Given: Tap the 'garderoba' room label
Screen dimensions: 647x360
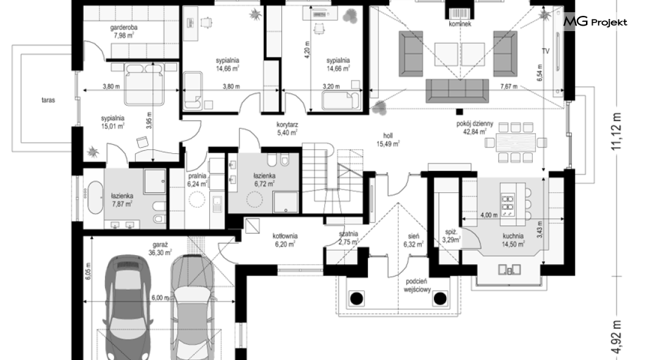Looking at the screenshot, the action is [124, 27].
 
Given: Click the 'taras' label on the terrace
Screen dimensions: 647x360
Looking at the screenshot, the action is [48, 100].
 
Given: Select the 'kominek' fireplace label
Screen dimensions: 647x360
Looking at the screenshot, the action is [460, 24].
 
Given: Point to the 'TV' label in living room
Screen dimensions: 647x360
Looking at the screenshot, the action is [546, 51].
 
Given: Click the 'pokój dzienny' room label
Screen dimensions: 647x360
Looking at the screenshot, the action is [474, 123].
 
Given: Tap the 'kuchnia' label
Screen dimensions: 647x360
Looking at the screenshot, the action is [513, 236].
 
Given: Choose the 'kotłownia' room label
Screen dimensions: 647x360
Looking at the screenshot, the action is [284, 236].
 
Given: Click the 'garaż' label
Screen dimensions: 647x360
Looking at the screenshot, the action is [159, 245].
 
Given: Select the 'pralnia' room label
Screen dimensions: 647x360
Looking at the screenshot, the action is [197, 176].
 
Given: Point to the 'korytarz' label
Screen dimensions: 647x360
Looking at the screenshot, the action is [287, 124].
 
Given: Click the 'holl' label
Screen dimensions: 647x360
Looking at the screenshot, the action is [388, 135].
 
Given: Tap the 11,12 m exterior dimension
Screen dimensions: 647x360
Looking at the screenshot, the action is [616, 131].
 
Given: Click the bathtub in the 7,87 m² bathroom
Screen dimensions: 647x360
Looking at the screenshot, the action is [95, 197].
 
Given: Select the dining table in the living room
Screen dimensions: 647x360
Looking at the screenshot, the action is [516, 143].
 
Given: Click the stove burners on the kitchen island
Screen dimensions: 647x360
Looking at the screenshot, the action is [508, 204].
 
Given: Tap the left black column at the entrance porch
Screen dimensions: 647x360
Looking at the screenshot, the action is [356, 298].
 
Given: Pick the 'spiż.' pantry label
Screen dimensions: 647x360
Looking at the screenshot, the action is [450, 232].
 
